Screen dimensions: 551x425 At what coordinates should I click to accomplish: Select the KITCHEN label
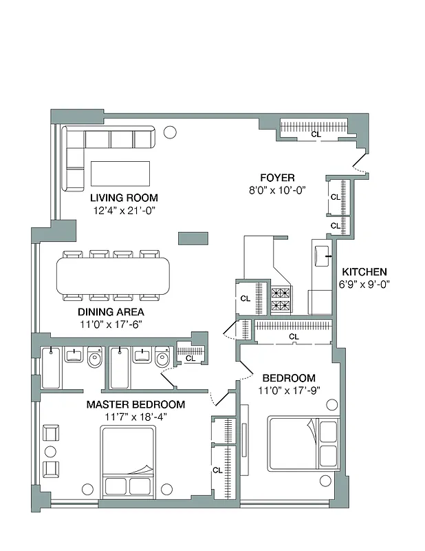364,272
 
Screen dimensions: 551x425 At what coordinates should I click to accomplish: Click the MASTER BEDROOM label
135,404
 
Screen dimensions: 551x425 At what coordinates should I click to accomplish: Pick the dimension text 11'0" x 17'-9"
289,390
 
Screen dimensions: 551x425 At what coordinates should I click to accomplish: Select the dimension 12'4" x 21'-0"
124,210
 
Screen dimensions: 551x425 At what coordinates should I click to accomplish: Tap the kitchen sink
320,256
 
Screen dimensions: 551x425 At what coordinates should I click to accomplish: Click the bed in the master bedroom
129,460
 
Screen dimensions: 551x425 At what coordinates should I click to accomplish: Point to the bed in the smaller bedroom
303,444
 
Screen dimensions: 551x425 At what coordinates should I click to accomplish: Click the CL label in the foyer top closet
316,134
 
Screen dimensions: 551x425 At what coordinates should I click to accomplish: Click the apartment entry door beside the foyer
358,164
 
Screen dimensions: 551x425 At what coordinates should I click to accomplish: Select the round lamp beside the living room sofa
170,132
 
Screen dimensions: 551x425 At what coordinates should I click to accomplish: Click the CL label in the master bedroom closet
217,470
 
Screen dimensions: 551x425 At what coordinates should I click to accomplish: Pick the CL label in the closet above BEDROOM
294,336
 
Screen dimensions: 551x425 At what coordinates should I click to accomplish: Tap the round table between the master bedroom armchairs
49,451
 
